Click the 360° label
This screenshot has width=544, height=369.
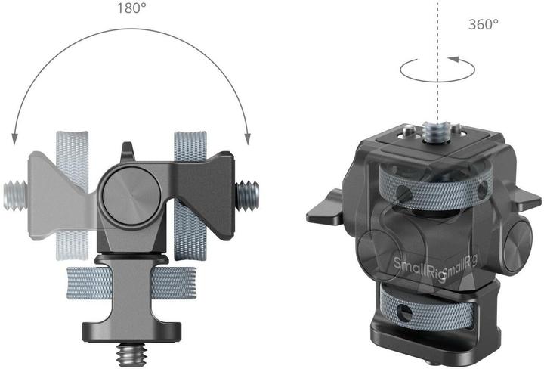click(x=484, y=24)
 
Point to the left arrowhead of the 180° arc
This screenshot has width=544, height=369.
click(x=14, y=138)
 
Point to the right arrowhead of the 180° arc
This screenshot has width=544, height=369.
click(x=246, y=138)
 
